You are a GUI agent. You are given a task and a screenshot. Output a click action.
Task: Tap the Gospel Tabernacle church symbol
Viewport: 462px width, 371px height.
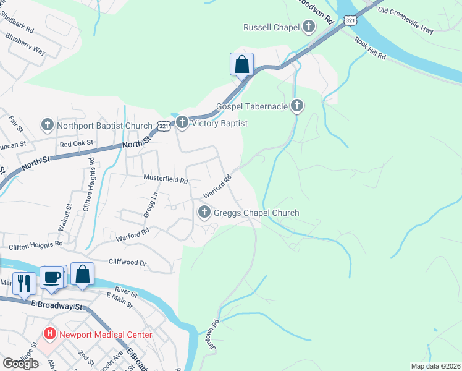[x=297, y=106]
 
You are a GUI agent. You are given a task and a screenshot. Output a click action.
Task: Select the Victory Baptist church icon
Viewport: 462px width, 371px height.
[x=182, y=123]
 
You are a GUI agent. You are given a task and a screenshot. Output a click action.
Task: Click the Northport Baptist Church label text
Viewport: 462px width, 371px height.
[x=104, y=126]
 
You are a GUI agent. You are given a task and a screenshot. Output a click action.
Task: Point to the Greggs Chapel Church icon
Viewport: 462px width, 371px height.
[x=204, y=213]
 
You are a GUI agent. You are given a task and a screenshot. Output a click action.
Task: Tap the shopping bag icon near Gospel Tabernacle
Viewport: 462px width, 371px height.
[x=241, y=64]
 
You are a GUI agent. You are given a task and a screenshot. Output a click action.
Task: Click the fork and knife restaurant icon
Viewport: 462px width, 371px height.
[x=23, y=283]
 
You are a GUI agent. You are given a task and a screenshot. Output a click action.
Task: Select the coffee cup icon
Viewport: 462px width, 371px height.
[x=52, y=276]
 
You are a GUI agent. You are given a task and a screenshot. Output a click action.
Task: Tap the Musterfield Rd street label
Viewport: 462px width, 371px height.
[x=166, y=180]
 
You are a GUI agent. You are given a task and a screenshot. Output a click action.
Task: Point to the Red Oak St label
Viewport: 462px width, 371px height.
[x=76, y=143]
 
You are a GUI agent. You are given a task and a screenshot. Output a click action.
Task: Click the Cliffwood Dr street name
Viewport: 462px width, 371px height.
[x=127, y=262]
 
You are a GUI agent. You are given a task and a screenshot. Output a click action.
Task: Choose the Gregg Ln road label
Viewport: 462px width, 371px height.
[x=147, y=204]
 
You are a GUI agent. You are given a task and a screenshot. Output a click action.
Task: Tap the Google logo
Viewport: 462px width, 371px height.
[x=21, y=364]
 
